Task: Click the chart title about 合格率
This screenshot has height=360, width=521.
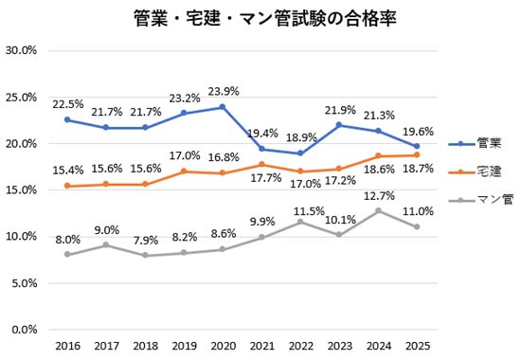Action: click(260, 18)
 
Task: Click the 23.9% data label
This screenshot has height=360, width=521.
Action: click(224, 91)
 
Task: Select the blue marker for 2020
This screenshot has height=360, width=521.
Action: click(222, 107)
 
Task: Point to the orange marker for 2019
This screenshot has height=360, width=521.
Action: click(183, 171)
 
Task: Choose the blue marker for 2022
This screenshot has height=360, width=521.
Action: click(299, 153)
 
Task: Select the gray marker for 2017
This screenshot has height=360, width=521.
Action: click(105, 245)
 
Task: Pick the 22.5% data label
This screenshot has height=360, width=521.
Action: click(67, 104)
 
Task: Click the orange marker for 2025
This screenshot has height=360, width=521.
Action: click(416, 155)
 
